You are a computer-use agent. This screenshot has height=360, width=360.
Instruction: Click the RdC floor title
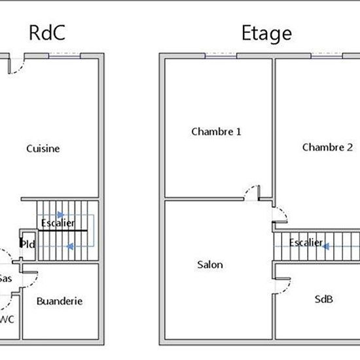pyautogui.click(x=47, y=33)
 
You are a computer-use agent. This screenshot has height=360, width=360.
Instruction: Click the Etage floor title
pyautogui.click(x=266, y=34)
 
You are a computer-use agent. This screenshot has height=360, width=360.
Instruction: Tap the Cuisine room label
pyautogui.click(x=43, y=149)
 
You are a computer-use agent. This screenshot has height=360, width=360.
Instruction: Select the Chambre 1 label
pyautogui.click(x=216, y=132)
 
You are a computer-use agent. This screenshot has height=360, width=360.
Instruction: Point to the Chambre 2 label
pyautogui.click(x=327, y=147)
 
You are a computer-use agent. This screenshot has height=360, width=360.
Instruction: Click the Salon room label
pyautogui.click(x=210, y=264)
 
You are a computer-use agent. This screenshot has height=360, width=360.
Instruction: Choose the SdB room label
pyautogui.click(x=324, y=299)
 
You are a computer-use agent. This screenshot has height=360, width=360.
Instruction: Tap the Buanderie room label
pyautogui.click(x=60, y=301)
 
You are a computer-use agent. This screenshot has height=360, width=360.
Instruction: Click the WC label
pyautogui.click(x=7, y=319)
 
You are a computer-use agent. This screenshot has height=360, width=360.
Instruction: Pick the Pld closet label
pyautogui.click(x=28, y=244)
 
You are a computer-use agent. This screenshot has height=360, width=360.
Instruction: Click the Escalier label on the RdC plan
pyautogui.click(x=58, y=223)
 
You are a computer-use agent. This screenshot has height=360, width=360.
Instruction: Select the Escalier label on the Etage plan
pyautogui.click(x=306, y=242)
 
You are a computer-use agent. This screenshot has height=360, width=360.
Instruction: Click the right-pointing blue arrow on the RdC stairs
pyautogui.click(x=61, y=215)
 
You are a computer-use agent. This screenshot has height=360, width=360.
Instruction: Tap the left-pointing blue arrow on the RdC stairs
pyautogui.click(x=70, y=247)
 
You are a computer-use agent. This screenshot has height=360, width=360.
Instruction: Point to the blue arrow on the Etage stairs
pyautogui.click(x=326, y=247)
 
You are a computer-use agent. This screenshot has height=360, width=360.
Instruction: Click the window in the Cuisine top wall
pyautogui.click(x=65, y=56)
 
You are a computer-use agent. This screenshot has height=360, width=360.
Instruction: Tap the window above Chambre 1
pyautogui.click(x=221, y=56)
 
